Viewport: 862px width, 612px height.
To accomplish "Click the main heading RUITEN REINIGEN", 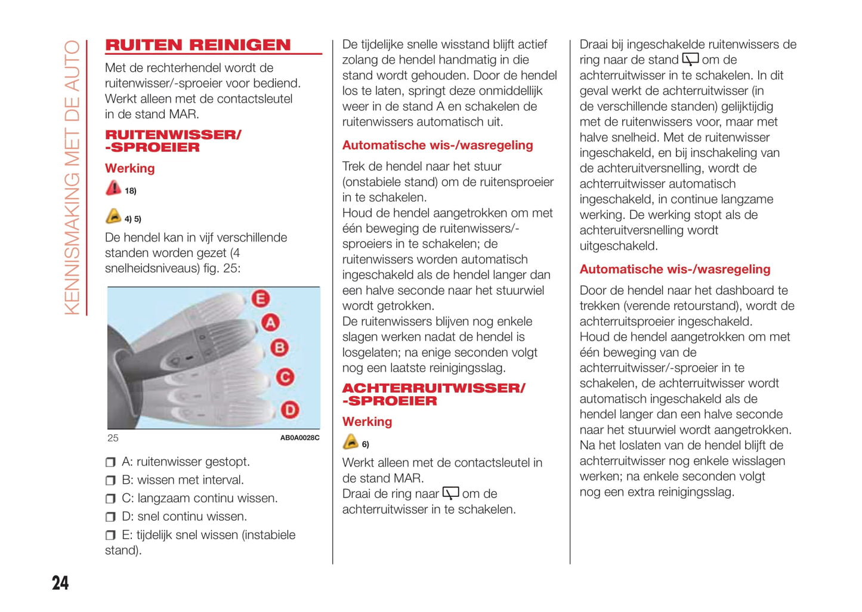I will (x=197, y=45).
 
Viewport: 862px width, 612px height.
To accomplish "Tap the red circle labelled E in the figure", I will (x=260, y=298).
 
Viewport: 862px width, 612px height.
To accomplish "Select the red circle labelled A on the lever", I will (x=270, y=323).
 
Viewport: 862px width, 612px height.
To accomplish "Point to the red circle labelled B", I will (x=279, y=348).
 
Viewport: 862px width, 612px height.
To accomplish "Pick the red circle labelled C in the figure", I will (x=285, y=377).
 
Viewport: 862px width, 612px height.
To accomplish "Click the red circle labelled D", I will (x=289, y=410).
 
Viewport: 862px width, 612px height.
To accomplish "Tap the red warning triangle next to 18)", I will (x=113, y=188).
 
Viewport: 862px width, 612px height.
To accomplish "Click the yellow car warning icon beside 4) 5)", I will (x=113, y=217).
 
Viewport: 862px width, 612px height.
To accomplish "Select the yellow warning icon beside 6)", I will (x=350, y=442).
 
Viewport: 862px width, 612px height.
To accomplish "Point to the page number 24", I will (x=60, y=583).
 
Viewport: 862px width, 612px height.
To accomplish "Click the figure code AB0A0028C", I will (x=299, y=438).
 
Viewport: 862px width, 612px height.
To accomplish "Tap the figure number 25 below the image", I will (x=113, y=438).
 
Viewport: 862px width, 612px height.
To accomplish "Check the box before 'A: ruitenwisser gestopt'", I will (x=110, y=462).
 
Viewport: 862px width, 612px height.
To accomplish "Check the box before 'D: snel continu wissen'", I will (x=110, y=517).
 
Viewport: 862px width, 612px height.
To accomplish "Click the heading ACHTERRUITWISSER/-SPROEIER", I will (x=433, y=394).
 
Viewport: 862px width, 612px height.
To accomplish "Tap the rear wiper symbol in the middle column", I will (x=450, y=493).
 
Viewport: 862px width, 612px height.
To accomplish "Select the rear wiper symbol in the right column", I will (x=690, y=60).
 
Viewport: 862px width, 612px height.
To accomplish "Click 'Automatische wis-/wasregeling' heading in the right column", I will (x=675, y=269).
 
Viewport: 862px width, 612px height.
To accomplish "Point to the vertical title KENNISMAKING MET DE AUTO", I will (x=72, y=177).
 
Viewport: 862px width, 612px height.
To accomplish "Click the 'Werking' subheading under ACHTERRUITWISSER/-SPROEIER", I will (x=367, y=422).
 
